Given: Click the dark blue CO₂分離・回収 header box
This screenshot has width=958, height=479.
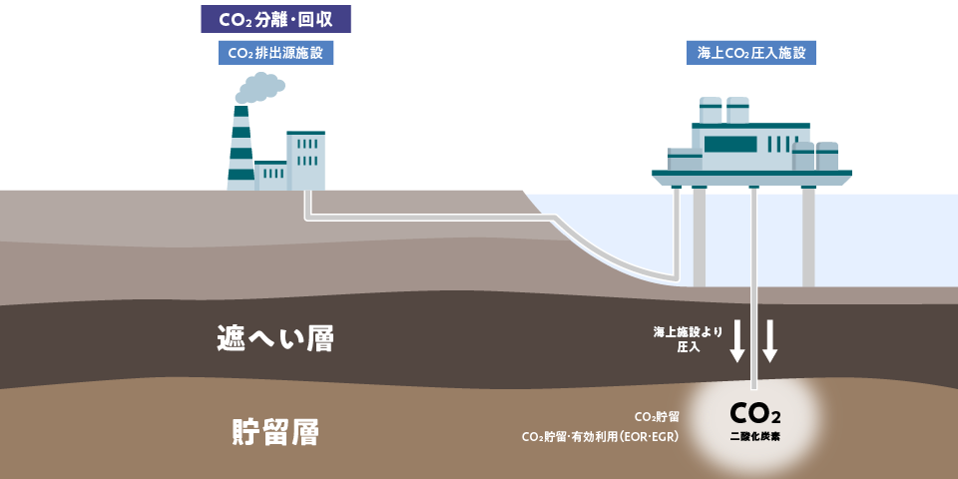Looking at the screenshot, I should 276,17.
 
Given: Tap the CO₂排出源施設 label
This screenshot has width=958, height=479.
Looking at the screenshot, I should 275,53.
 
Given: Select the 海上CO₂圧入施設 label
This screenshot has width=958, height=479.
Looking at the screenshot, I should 751,53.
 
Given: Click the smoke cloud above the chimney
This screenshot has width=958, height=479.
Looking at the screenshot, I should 261,87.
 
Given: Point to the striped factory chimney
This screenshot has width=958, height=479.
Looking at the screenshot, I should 241,150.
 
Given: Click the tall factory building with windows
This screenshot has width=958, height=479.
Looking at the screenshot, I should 305,161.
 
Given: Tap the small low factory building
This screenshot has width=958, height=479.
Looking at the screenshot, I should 270,176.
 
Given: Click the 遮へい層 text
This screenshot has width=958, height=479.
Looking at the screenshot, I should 275,339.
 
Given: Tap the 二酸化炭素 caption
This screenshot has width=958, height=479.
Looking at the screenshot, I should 755,437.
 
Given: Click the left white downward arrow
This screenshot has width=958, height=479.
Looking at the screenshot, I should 737,341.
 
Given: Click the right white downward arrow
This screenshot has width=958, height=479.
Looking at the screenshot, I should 769,341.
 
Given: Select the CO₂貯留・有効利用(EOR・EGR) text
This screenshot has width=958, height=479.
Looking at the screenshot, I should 600,437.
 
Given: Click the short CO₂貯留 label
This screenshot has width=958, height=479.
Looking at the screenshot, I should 657,415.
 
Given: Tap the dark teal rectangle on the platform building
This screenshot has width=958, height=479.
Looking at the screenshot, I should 730,144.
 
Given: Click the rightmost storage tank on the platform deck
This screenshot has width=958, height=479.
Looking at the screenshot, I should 827,157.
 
